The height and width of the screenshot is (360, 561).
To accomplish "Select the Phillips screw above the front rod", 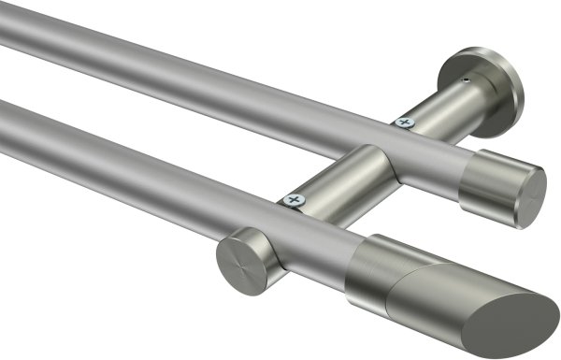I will click(x=296, y=199).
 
